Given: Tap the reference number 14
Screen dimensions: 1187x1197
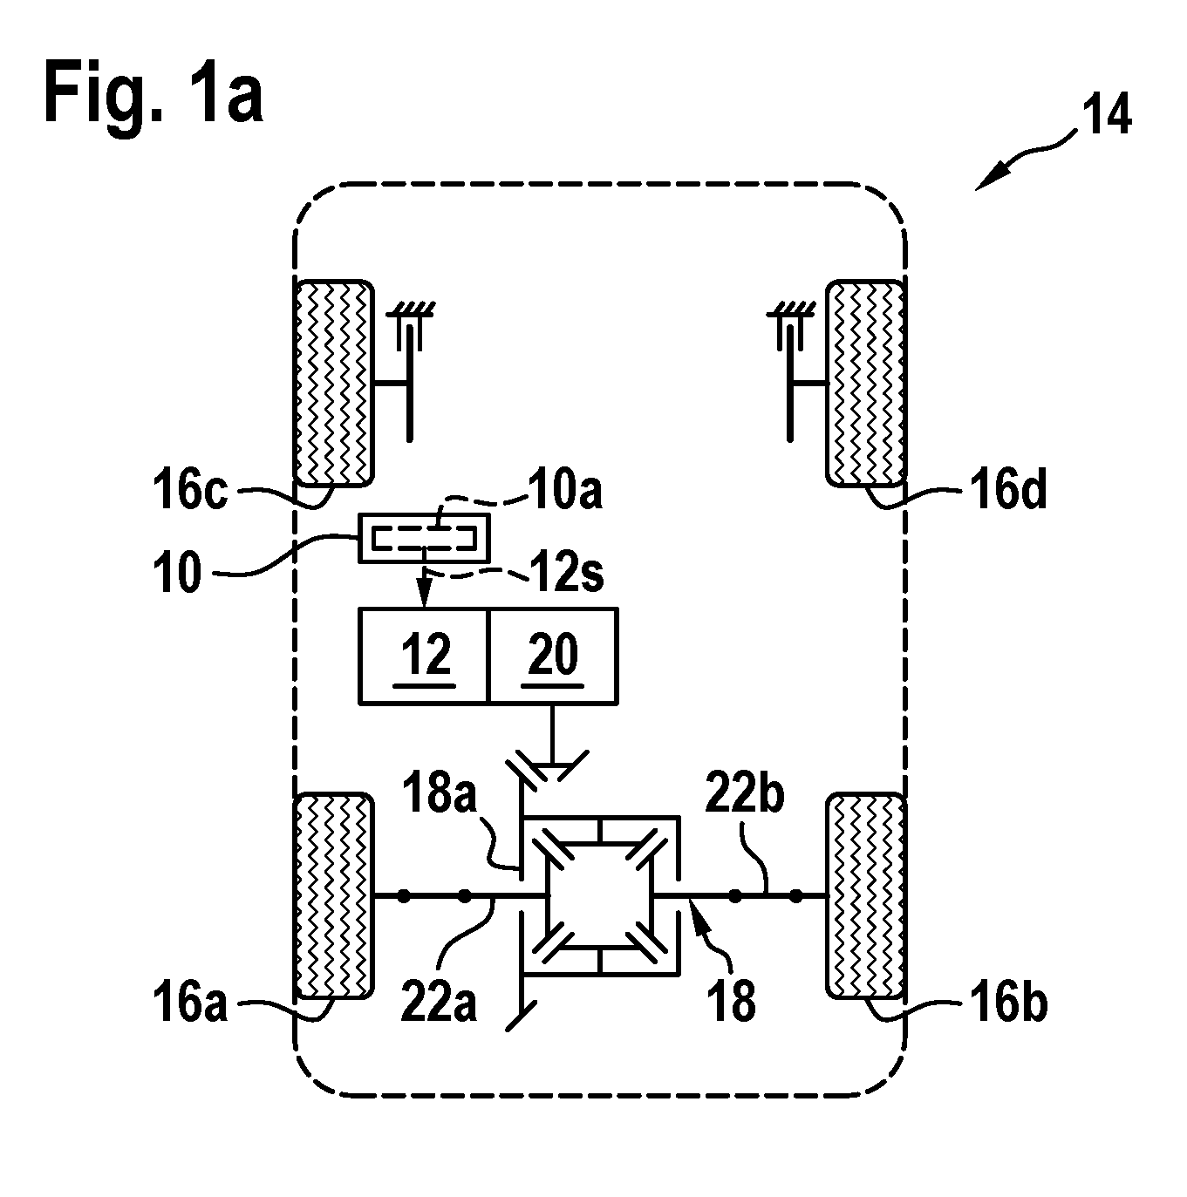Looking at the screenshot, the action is click(1106, 115).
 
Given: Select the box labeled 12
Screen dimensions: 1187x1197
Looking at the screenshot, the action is click(425, 656).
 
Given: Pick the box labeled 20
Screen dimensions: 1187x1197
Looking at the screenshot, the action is click(554, 656).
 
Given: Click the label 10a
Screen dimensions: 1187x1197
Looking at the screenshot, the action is click(565, 490).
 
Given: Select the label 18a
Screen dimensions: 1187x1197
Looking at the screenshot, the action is click(439, 792).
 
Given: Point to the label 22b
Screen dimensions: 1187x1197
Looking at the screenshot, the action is click(745, 793).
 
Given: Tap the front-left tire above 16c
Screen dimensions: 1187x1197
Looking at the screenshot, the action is click(335, 384).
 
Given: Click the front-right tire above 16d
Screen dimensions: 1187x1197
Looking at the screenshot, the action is click(865, 384).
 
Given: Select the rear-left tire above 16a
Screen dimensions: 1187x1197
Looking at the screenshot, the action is click(335, 895).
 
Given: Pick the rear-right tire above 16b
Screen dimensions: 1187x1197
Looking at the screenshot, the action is click(865, 895).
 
